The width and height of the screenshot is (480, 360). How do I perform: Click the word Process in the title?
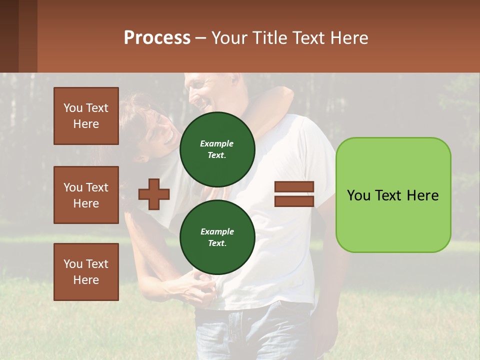pos(157,38)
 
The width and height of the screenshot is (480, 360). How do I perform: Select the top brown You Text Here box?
pos(86,116)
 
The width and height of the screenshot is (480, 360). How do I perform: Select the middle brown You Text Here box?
pos(86,195)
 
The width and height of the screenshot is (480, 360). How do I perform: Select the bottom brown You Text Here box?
pos(86,272)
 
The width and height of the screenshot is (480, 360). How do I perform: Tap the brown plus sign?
pos(154,194)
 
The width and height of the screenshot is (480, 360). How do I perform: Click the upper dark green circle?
pos(217,149)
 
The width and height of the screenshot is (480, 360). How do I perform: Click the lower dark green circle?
pos(217,237)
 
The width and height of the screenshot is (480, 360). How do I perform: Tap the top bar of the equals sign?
pos(294,187)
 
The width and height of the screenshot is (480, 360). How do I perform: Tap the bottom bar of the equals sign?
pos(294,201)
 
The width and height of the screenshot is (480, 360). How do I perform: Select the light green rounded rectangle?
pos(393,195)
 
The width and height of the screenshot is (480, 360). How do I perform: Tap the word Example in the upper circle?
pos(217,143)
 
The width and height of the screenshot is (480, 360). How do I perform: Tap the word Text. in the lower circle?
pos(217,243)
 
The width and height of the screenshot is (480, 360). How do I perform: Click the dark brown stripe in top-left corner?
pos(9,36)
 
